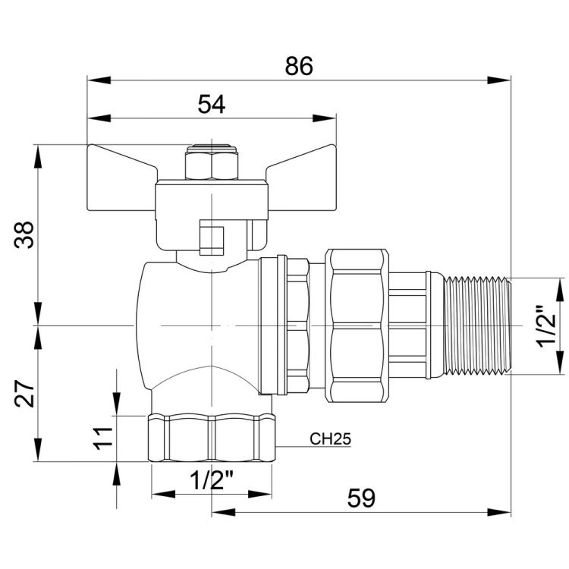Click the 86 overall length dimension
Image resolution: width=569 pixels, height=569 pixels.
(299, 66)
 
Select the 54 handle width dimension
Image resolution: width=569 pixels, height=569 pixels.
(211, 104)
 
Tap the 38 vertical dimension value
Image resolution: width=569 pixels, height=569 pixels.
(24, 234)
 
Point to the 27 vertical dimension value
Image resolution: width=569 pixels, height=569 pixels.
(24, 393)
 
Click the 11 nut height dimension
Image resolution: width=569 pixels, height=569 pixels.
(103, 439)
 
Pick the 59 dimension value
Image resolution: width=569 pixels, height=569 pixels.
(361, 498)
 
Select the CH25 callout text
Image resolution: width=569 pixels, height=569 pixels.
(330, 439)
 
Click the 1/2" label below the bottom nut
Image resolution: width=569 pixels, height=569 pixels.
(212, 479)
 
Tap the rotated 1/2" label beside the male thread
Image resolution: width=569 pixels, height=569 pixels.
(547, 325)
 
